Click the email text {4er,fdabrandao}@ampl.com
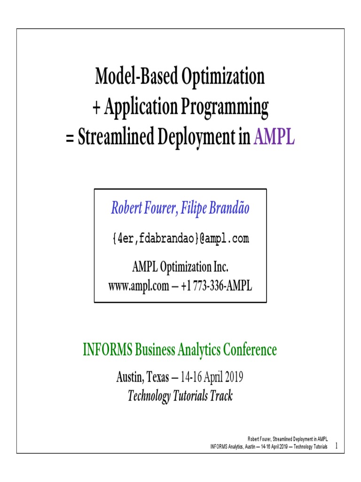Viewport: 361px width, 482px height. pos(180,239)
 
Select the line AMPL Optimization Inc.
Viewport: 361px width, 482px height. pos(180,267)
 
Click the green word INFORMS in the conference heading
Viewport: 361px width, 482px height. pos(108,350)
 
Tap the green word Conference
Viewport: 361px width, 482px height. pos(250,350)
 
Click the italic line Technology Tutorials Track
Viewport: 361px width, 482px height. pos(180,396)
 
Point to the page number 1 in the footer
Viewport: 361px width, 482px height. pos(337,446)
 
